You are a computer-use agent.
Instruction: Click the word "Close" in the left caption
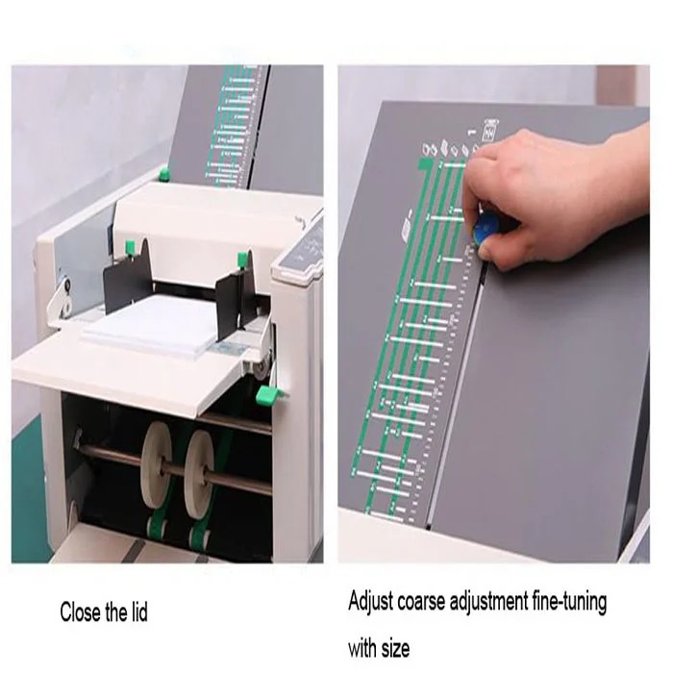click(81, 611)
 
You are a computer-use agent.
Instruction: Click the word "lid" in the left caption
click(138, 611)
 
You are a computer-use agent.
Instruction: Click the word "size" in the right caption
click(395, 648)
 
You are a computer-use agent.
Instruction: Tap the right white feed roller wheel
click(199, 467)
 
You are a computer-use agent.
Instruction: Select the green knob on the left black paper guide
click(130, 248)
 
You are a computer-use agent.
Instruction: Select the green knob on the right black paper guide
click(241, 258)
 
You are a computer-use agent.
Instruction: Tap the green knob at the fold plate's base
click(163, 174)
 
